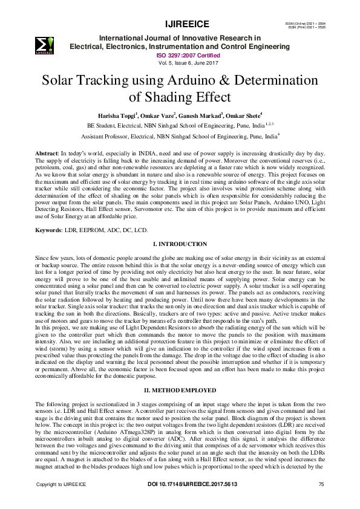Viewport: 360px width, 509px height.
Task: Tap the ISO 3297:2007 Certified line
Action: point(180,54)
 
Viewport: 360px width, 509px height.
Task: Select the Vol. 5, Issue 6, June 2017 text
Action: point(180,62)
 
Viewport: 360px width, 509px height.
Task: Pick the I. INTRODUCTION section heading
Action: point(180,244)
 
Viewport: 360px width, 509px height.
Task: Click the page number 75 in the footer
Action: point(321,502)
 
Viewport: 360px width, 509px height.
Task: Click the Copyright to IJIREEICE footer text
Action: point(61,502)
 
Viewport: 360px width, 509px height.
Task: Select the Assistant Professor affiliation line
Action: point(180,137)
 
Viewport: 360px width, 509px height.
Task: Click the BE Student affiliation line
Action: point(180,125)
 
